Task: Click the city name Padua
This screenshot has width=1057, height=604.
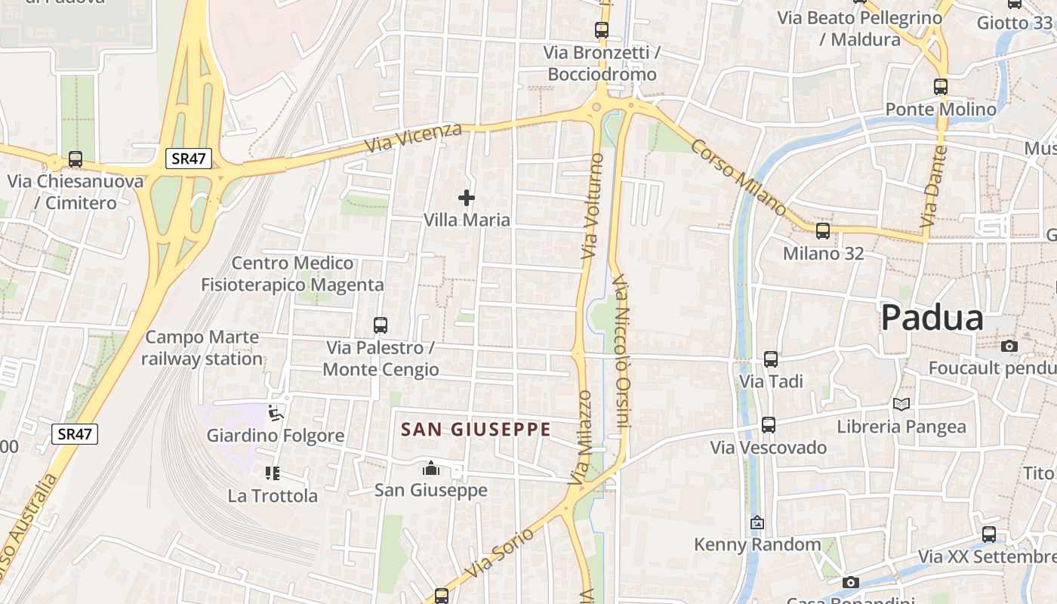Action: tap(932, 318)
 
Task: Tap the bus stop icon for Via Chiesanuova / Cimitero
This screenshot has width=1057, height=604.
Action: tap(75, 159)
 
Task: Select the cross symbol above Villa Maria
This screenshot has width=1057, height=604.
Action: tap(467, 198)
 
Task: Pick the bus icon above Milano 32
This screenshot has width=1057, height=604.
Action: tap(823, 231)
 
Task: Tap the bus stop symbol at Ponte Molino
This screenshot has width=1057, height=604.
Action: tap(941, 87)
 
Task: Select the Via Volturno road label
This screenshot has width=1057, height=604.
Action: tap(593, 206)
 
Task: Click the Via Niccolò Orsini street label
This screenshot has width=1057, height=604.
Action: tap(622, 352)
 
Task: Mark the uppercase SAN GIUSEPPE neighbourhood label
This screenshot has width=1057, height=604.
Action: tap(476, 430)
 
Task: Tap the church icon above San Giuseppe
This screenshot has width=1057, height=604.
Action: tap(431, 469)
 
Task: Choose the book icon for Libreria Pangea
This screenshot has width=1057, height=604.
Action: tap(901, 404)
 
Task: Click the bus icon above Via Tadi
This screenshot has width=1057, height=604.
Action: tap(771, 359)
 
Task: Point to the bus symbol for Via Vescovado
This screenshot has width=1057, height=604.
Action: tap(769, 425)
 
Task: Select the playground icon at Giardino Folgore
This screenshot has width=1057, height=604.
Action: tap(276, 413)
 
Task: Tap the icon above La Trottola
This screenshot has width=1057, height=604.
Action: tap(273, 473)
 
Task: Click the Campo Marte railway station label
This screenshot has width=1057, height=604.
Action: tap(202, 348)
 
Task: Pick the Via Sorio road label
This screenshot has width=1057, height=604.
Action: tap(499, 553)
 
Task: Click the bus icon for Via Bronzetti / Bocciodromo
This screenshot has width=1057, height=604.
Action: tap(602, 30)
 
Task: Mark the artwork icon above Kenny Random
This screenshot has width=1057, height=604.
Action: tap(757, 522)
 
